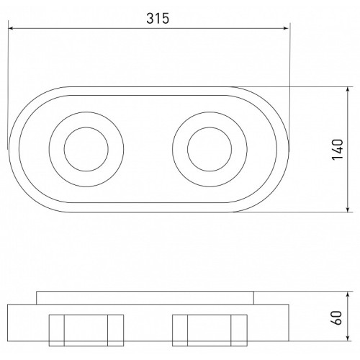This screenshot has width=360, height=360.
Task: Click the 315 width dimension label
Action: [x=158, y=19]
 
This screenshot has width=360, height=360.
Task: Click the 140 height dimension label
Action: [x=338, y=149]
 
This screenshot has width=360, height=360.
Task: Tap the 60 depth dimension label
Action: [x=338, y=318]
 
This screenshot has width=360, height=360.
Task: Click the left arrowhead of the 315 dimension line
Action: [x=11, y=28]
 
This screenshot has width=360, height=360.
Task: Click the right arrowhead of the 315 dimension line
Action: [x=286, y=28]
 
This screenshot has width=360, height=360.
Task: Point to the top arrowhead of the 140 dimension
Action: [x=348, y=90]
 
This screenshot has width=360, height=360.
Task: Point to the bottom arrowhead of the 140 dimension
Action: [x=348, y=210]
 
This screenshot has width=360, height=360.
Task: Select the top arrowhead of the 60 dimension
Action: [x=348, y=294]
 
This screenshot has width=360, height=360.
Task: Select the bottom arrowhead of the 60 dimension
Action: [x=348, y=338]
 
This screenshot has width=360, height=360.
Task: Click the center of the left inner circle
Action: [x=86, y=149]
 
